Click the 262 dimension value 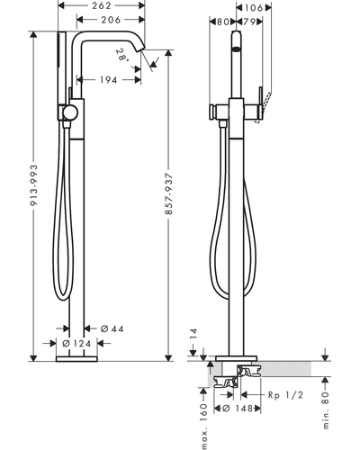pos(102,5)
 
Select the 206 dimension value pos(111,20)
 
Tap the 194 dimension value pos(108,80)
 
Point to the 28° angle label pos(122,55)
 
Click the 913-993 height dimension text pos(34,185)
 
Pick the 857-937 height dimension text pos(169,193)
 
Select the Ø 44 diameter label pos(112,328)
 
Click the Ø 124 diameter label pos(76,343)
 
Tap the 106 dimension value pos(254,8)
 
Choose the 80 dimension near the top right pos(222,22)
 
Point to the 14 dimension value pos(193,334)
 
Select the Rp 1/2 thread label pos(285,395)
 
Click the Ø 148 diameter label pos(238,409)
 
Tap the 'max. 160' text pos(204,427)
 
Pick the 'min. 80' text pos(326,409)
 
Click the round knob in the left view pos(70,112)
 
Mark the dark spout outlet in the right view pos(237,49)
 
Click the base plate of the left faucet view pos(76,359)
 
